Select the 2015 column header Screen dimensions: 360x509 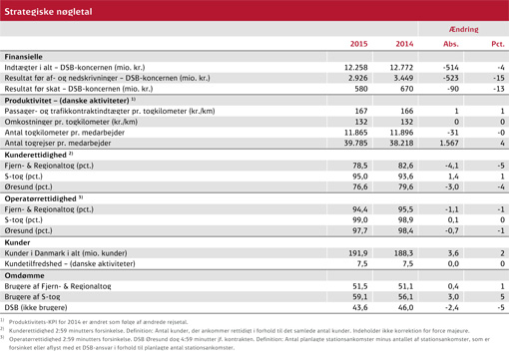coord(358,44)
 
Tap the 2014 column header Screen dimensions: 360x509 coord(403,44)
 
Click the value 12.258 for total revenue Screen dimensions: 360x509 coord(355,66)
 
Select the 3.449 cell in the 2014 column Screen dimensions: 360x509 coord(400,77)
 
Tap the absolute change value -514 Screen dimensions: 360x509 coord(449,66)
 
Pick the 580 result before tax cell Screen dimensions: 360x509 coord(360,89)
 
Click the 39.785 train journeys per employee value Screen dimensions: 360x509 coord(355,144)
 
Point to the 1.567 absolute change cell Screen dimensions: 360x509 coord(446,144)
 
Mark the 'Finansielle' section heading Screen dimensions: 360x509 coord(23,56)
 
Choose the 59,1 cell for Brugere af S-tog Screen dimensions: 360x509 coord(359,297)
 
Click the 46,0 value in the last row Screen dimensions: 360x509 coord(403,308)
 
